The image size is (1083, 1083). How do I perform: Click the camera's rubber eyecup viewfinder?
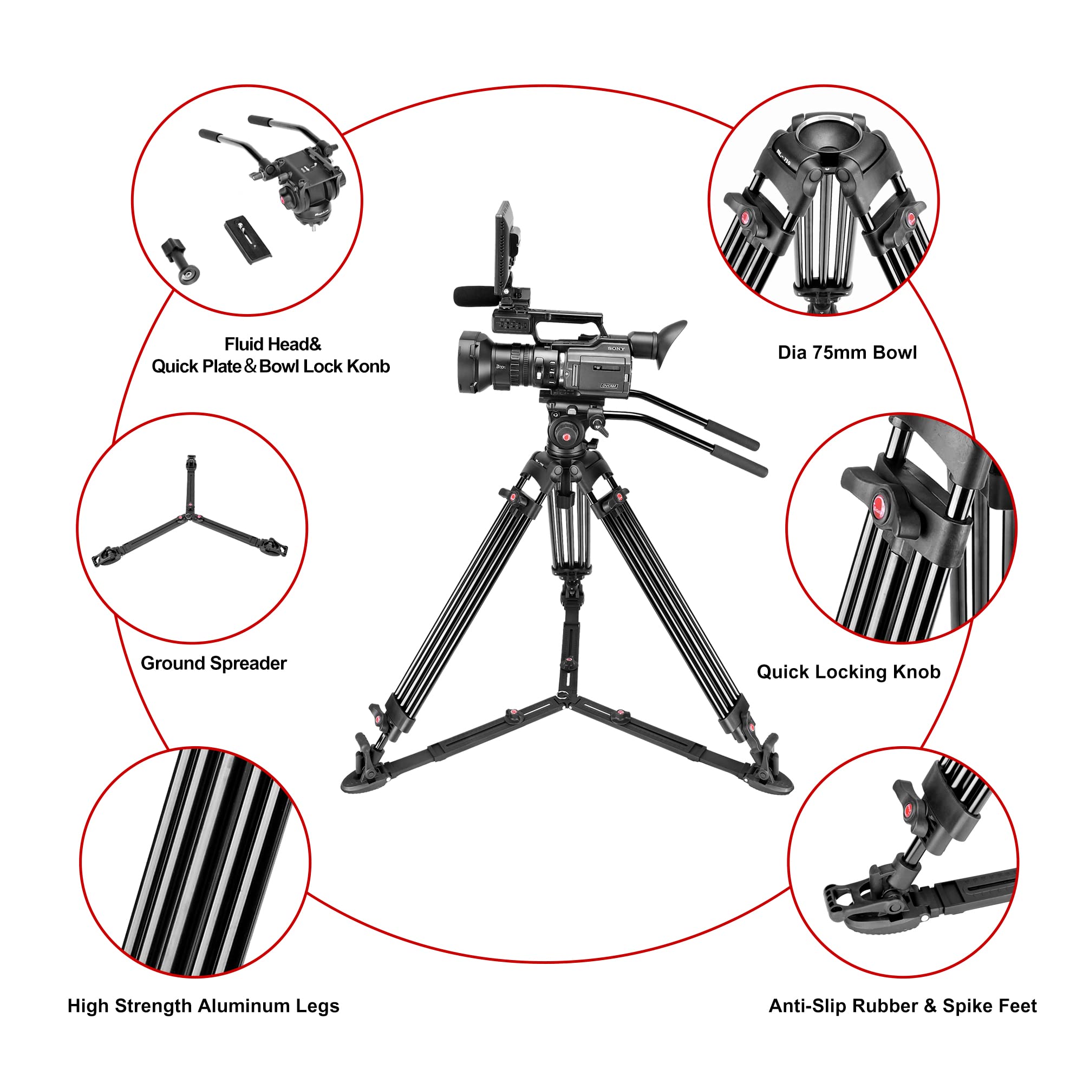[670, 343]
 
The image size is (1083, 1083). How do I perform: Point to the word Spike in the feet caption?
[966, 1006]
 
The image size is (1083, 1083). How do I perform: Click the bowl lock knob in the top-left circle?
[180, 261]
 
